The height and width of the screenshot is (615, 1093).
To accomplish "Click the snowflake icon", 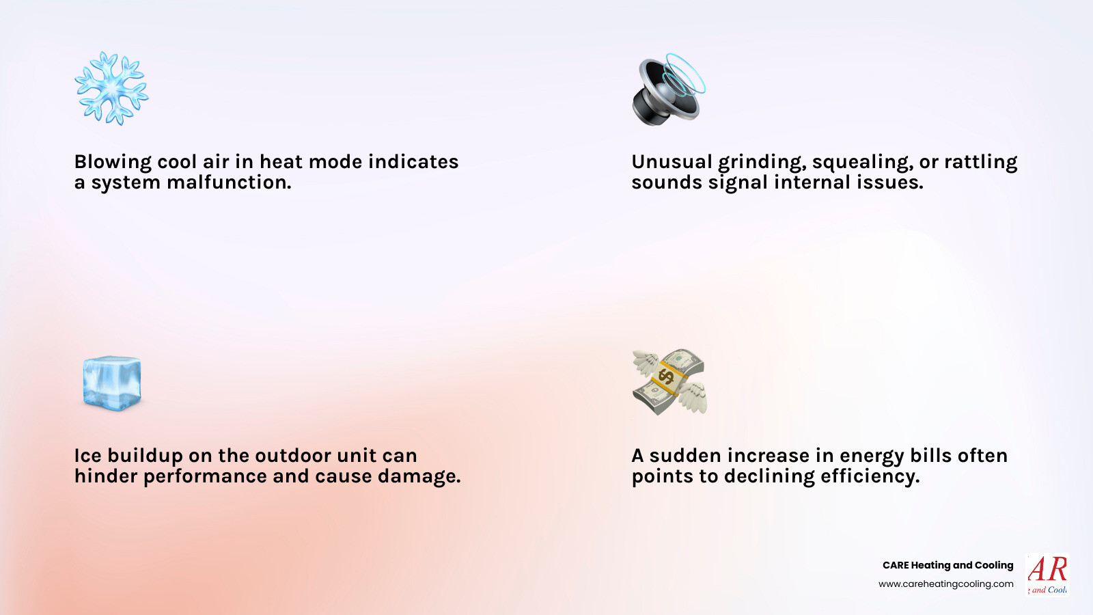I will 111,88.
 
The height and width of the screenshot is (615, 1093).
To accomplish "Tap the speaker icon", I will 668,90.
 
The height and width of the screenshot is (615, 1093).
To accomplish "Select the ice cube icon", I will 112,383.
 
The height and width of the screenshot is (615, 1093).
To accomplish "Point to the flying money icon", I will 669,382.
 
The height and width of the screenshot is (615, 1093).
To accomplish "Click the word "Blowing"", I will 113,162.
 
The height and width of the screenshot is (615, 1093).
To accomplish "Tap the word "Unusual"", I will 672,162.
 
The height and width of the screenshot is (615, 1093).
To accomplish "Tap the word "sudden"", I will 685,456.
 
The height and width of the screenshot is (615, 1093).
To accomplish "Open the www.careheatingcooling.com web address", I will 946,584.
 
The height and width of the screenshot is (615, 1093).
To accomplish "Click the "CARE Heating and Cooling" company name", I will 947,565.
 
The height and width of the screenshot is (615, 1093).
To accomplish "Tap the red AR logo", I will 1047,573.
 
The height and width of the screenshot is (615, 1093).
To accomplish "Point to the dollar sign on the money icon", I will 666,376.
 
